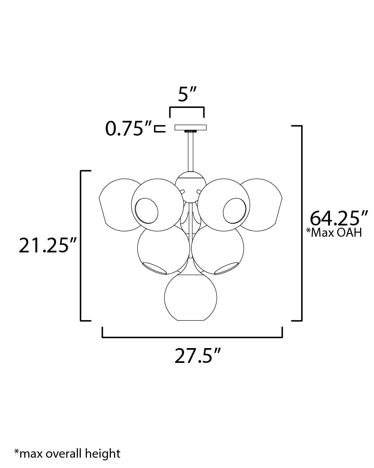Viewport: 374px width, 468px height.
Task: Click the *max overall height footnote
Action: pos(67,453)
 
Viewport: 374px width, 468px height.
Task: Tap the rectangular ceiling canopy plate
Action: pos(190,127)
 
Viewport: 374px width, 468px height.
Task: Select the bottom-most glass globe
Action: pos(190,298)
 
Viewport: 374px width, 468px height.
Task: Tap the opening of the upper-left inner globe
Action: pos(147,211)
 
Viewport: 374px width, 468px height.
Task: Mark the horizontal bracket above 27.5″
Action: pos(192,336)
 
